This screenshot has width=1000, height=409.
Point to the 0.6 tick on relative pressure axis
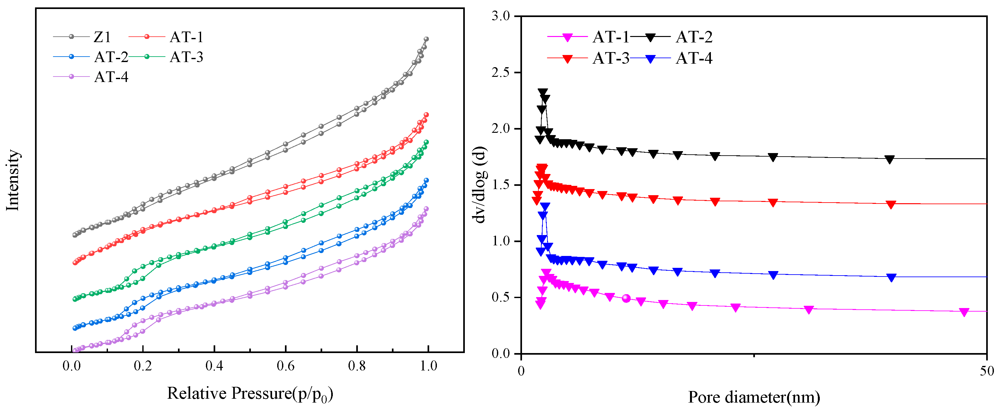click(286, 366)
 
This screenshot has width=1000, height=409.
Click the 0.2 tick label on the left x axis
click(143, 366)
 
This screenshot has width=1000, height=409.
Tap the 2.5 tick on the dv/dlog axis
click(500, 73)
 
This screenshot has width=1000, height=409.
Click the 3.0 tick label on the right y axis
click(500, 16)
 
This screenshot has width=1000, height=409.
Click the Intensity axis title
click(13, 180)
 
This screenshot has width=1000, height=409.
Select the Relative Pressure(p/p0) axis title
click(250, 394)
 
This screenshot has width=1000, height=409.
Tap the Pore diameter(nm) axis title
click(754, 397)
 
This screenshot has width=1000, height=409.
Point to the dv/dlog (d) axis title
click(480, 185)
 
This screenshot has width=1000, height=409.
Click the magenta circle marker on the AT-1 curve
click(626, 298)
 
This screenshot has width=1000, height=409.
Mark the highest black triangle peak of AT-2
click(543, 92)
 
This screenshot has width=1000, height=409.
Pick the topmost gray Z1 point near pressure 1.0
click(426, 39)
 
